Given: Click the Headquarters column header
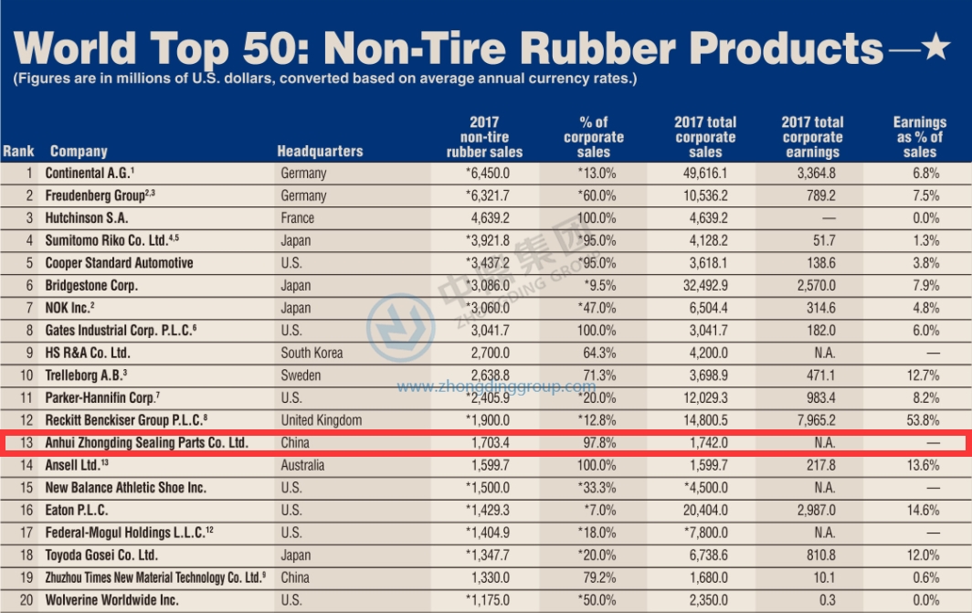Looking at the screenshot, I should click(x=320, y=152).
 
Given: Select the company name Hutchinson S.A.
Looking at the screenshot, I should click(x=87, y=218).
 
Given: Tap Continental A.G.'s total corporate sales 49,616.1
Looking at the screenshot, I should click(x=705, y=174).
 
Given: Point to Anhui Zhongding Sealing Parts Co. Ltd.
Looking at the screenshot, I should click(x=147, y=443).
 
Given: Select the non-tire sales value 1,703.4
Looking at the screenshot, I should click(x=485, y=443).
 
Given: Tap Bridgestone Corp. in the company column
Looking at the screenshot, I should click(x=91, y=286).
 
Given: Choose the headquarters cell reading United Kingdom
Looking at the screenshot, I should click(x=322, y=420).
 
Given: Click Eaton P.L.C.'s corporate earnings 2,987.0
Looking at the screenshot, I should click(x=812, y=511).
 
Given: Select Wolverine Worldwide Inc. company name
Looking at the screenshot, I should click(x=112, y=600).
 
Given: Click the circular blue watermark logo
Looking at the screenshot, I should click(x=400, y=326).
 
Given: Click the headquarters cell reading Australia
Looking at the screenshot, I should click(x=303, y=466).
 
